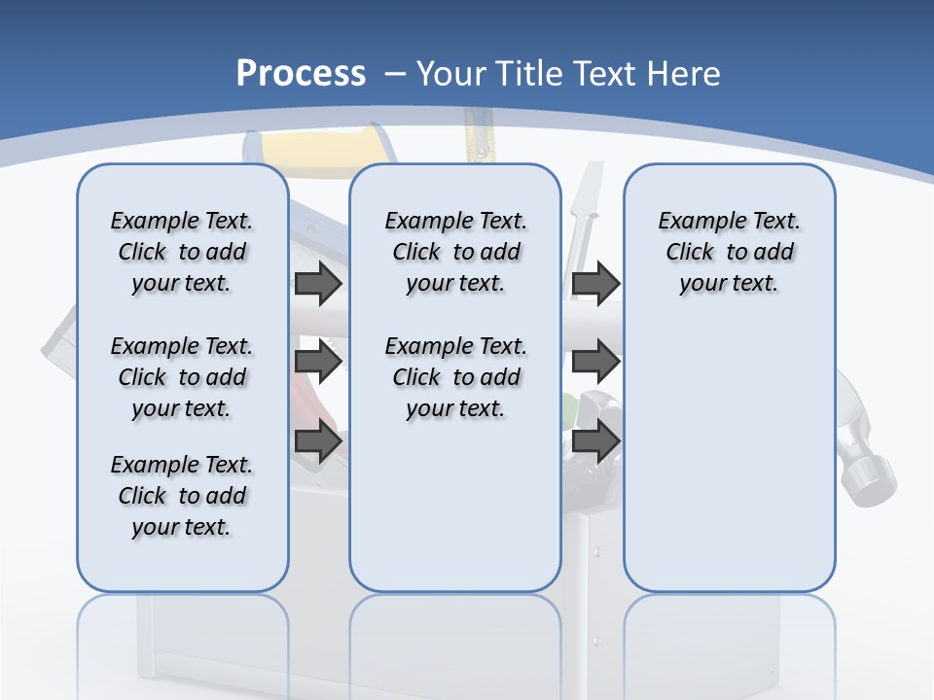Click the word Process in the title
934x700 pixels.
coord(301,73)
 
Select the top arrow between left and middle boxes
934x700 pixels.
coord(318,284)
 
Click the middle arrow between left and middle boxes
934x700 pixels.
coord(318,363)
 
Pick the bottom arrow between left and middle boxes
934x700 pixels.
coord(318,441)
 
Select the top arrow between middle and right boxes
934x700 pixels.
coord(595,284)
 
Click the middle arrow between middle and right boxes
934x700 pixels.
coord(595,363)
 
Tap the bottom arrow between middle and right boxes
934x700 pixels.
coord(595,441)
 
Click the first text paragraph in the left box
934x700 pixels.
coord(182,252)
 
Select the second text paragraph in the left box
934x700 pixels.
coord(182,377)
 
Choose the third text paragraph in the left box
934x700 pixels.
coord(182,496)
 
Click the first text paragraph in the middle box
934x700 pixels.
coord(455,252)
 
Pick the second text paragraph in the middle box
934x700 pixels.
coord(455,377)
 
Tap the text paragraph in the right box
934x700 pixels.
coord(729,252)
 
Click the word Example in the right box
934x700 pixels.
coord(694,222)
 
